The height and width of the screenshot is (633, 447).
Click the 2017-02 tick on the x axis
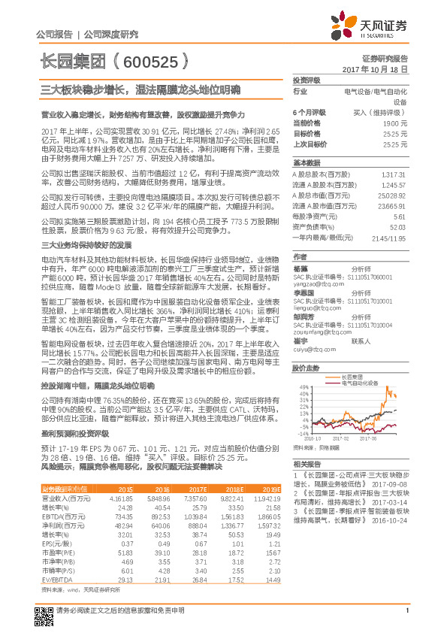pos(340,438)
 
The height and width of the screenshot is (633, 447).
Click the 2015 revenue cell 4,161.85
pos(122,498)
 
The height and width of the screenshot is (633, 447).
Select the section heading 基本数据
pos(307,162)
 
